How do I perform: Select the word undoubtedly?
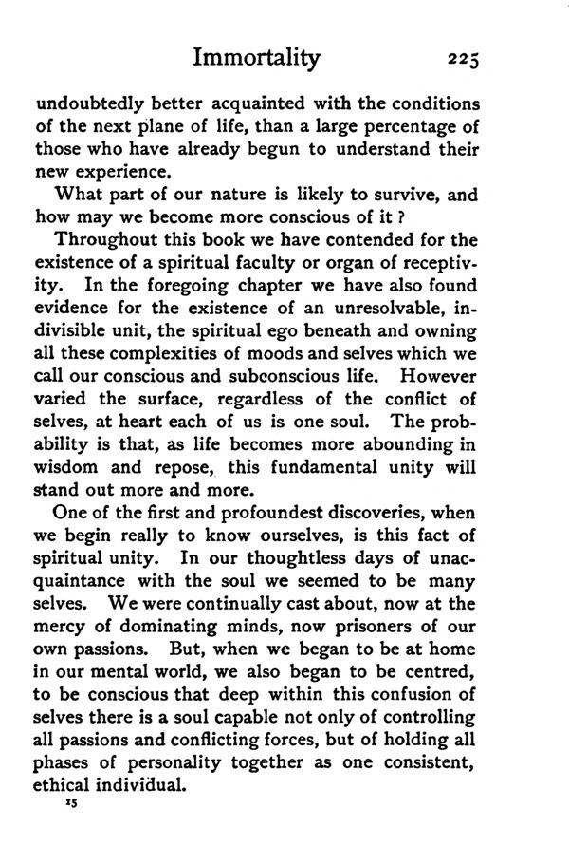point(82,103)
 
